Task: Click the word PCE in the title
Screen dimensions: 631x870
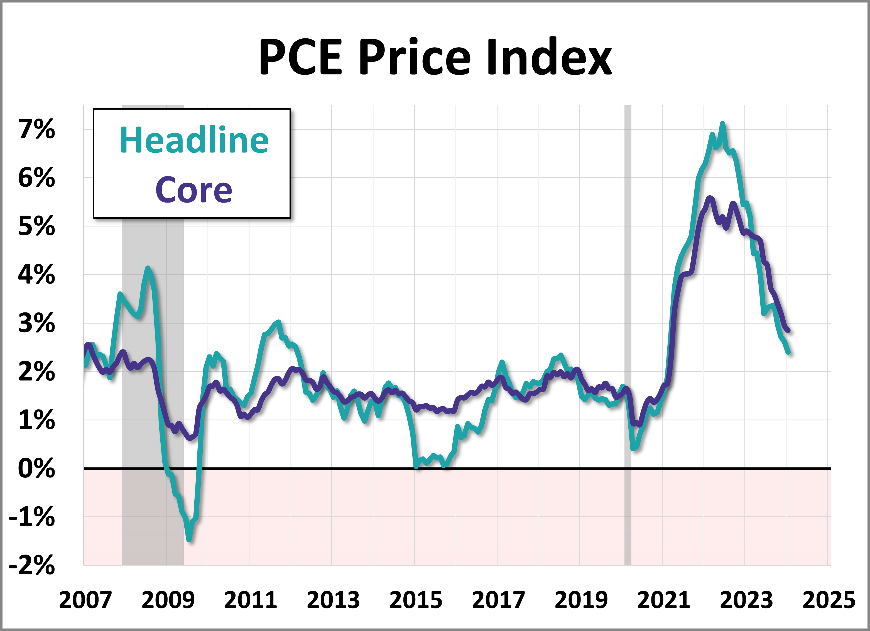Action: click(300, 58)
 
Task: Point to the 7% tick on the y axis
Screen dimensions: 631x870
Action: click(36, 130)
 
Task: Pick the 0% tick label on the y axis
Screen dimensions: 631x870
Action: click(36, 469)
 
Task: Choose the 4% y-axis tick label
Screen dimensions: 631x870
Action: click(36, 275)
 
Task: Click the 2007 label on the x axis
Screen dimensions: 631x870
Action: click(85, 600)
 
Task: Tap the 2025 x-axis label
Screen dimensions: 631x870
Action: click(829, 600)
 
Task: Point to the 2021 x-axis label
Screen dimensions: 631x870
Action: click(664, 600)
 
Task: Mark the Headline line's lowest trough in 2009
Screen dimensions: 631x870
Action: click(189, 540)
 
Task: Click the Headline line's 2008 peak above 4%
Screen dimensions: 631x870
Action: click(148, 268)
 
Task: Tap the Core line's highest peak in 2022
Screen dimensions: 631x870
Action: click(710, 198)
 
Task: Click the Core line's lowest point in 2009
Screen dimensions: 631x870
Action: click(190, 438)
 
